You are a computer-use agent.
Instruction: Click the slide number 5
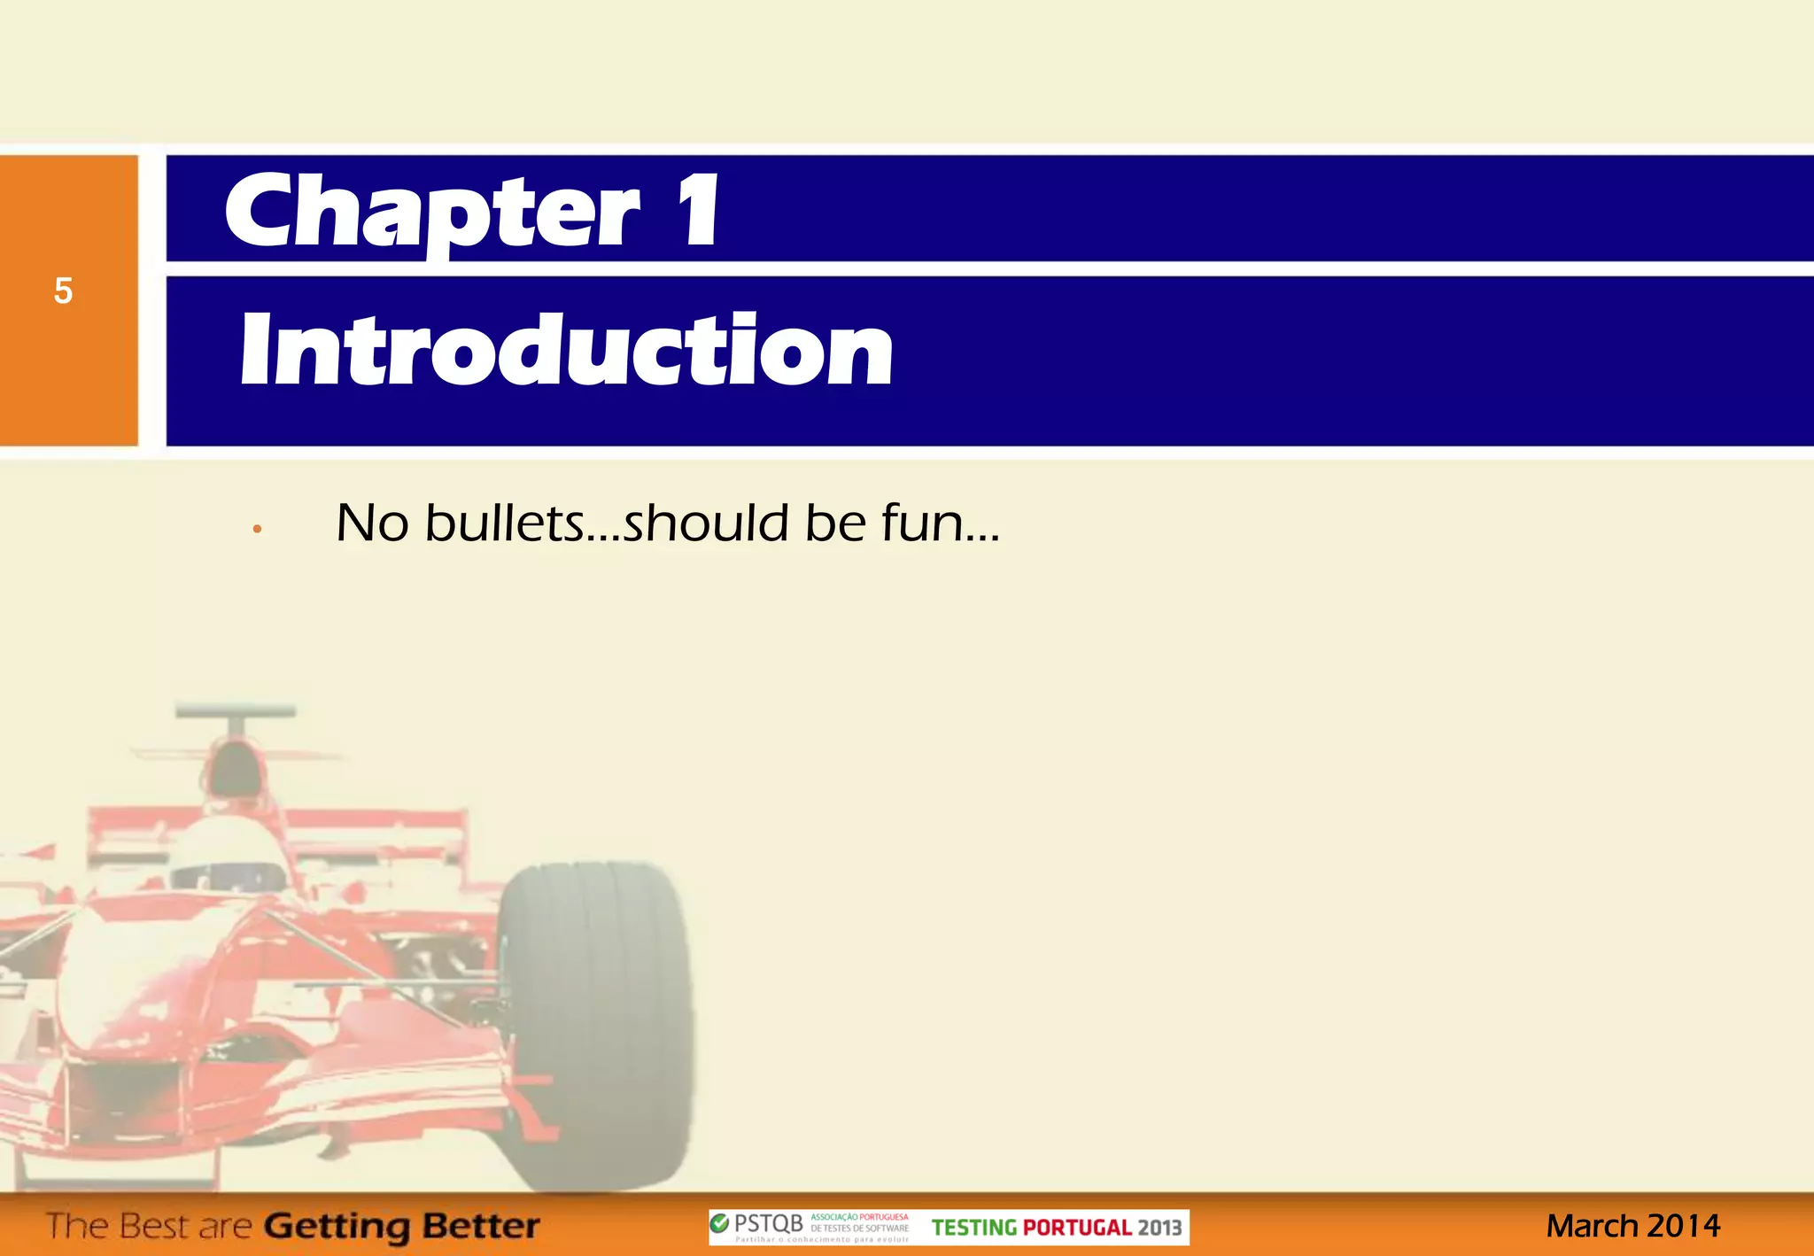(63, 291)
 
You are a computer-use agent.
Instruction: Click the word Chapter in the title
(432, 213)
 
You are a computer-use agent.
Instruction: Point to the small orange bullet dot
(257, 530)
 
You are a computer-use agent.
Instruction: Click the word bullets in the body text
(504, 523)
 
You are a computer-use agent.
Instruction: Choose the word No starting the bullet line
(372, 523)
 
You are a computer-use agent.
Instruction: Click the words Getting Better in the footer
(402, 1227)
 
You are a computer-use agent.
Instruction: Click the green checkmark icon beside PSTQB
(720, 1224)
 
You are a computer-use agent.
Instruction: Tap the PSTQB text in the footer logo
(769, 1224)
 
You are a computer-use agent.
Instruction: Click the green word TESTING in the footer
(973, 1228)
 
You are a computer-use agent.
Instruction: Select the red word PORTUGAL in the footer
(1077, 1228)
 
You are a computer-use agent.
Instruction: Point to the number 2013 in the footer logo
(1160, 1228)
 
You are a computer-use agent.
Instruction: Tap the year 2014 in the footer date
(1684, 1227)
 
